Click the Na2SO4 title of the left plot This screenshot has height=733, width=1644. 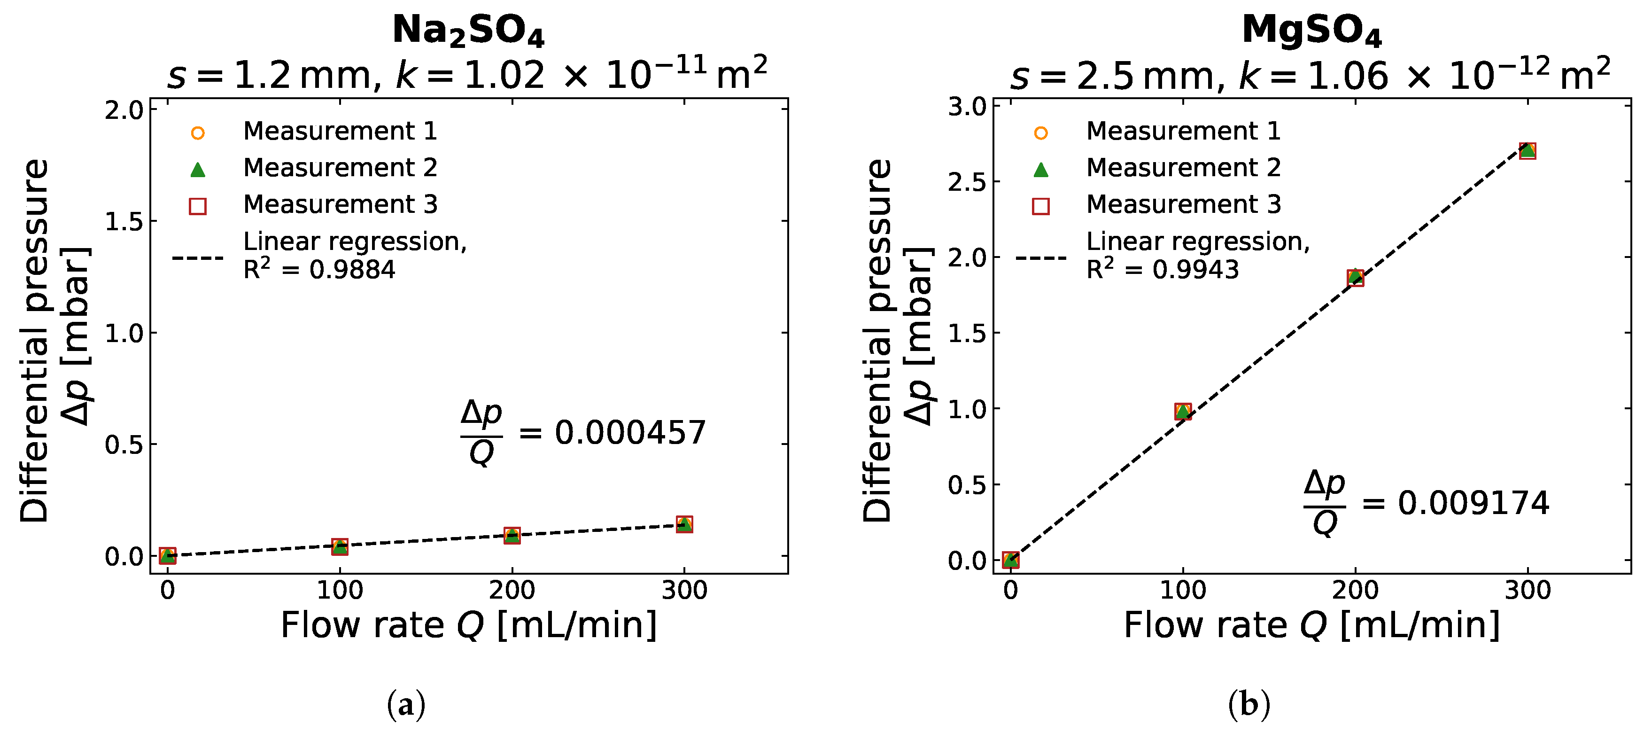[x=468, y=30]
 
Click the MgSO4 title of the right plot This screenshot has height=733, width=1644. [x=1311, y=30]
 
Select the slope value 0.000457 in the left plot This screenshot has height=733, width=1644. [x=630, y=433]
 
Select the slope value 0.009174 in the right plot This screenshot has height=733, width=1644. [x=1473, y=503]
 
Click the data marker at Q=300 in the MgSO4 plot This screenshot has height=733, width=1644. [x=1527, y=151]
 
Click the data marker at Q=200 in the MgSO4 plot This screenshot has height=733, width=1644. [x=1356, y=278]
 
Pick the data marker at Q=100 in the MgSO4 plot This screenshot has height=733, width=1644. [x=1183, y=412]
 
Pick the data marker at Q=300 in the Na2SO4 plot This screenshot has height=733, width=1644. [x=684, y=525]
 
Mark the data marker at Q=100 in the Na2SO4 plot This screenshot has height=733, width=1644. [x=340, y=546]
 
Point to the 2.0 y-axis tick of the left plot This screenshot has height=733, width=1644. [x=124, y=110]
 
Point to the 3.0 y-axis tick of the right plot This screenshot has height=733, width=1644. [x=968, y=107]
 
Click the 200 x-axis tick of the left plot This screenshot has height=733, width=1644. [x=512, y=591]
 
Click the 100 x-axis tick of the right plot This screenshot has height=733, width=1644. [x=1183, y=591]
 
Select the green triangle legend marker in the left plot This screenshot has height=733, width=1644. [x=198, y=170]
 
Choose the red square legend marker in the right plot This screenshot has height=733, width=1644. [x=1041, y=206]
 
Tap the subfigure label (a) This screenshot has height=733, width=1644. [x=406, y=705]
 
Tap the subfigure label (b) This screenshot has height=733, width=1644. [x=1249, y=705]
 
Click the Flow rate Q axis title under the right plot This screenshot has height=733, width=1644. [x=1311, y=625]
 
